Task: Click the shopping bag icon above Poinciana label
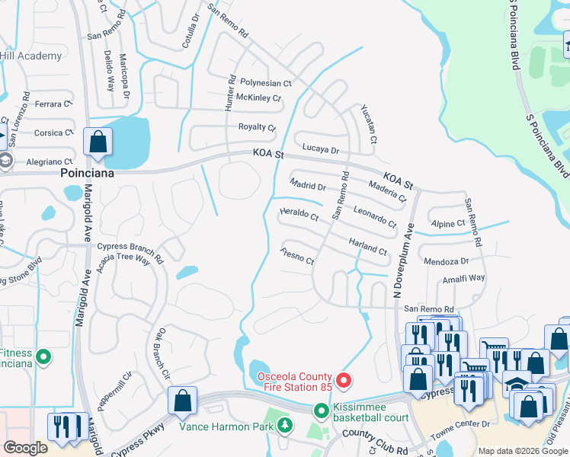click(x=98, y=142)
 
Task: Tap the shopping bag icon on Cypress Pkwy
click(x=183, y=401)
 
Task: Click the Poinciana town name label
click(x=87, y=174)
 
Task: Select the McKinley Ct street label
click(x=259, y=98)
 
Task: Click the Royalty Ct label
click(x=257, y=127)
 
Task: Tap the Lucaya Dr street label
click(x=320, y=151)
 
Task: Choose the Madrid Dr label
click(x=308, y=186)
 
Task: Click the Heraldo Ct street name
click(x=299, y=216)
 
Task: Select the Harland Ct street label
click(x=369, y=246)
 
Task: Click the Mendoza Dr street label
click(x=446, y=261)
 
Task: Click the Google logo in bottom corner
click(x=25, y=448)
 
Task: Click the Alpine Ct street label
click(x=448, y=224)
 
